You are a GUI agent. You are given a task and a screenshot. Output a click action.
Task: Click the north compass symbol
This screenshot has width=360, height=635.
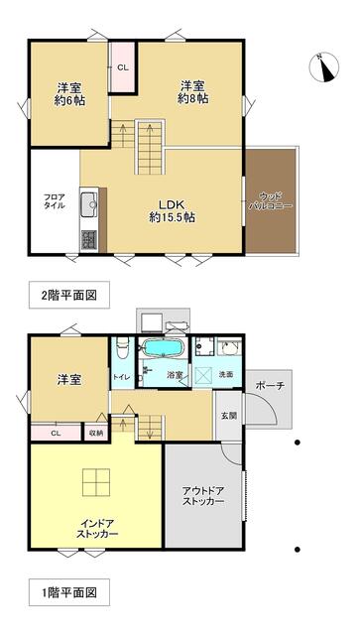tap(324, 66)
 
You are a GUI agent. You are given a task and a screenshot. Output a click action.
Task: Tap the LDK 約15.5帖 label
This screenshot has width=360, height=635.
tap(173, 210)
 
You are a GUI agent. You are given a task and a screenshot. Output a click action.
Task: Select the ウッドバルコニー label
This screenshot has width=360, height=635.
tap(270, 200)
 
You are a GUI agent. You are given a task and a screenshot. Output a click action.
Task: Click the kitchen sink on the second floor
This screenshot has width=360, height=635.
tap(88, 204)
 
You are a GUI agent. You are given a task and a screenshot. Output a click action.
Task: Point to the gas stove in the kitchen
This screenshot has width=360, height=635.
tap(88, 239)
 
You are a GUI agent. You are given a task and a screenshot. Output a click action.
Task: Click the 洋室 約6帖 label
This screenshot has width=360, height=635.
tap(69, 94)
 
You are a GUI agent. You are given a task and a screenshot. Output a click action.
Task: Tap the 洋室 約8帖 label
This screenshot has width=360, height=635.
tap(192, 92)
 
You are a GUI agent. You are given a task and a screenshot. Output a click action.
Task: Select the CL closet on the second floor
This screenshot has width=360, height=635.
tap(123, 67)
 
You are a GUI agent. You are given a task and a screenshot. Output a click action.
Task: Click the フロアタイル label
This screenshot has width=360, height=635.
tap(55, 200)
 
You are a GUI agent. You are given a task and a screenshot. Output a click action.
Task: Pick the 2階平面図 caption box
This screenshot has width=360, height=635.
tap(69, 295)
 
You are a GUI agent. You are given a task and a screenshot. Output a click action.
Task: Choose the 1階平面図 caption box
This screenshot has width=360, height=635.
tap(69, 593)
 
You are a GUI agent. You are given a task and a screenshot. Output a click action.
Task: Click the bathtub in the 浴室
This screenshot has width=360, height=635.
tap(163, 347)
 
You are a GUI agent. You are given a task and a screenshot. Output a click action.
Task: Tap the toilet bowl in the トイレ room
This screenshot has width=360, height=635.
tap(123, 348)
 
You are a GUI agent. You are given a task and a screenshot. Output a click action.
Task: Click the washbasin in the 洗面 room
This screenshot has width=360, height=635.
tap(230, 348)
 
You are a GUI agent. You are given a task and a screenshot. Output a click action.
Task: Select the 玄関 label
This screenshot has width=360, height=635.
tap(227, 415)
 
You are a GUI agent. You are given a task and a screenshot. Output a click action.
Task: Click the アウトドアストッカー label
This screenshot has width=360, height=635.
tap(203, 496)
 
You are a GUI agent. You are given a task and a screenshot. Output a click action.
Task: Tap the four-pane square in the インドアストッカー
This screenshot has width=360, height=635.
tap(96, 482)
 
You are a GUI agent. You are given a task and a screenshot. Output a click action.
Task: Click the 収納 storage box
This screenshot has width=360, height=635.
tap(96, 433)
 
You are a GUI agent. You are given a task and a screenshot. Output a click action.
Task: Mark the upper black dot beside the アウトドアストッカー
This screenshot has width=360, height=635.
tap(298, 443)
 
